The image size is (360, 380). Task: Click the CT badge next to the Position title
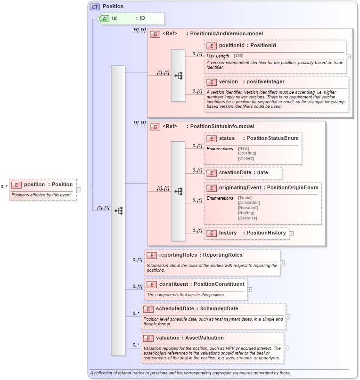click(95, 7)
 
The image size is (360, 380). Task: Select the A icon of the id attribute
click(106, 18)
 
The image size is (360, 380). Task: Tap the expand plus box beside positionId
click(348, 57)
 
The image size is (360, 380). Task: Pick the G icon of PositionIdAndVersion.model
click(154, 34)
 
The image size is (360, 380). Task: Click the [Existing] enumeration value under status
click(247, 153)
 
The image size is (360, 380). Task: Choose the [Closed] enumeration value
click(246, 158)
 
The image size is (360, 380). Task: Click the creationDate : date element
click(243, 173)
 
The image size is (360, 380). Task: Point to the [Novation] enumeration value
click(249, 208)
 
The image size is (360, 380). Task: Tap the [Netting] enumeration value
click(247, 213)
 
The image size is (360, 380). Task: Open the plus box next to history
click(291, 233)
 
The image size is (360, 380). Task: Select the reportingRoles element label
click(200, 255)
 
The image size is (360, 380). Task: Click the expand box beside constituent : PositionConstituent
click(249, 290)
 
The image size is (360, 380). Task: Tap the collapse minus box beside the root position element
click(79, 190)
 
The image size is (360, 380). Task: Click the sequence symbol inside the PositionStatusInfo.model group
click(178, 191)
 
